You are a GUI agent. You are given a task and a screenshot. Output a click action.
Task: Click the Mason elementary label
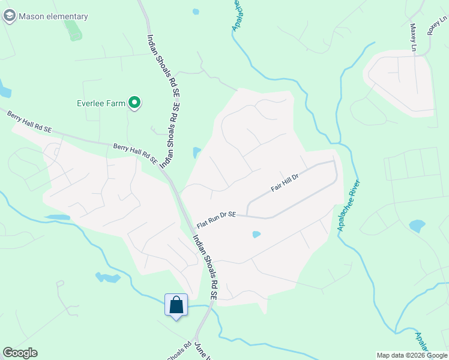point(53,17)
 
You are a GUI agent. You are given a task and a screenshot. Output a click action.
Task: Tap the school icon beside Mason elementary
point(9,17)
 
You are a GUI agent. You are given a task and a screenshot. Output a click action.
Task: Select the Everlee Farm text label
point(101,103)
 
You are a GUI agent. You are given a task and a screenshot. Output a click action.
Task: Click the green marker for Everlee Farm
point(135,103)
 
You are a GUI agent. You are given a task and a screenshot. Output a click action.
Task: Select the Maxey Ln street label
point(413,37)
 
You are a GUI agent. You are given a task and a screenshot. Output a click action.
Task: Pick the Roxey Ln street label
point(438,26)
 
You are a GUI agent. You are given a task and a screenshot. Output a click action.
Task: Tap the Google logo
point(20,353)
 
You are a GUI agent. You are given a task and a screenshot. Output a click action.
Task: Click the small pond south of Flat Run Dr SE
point(256,235)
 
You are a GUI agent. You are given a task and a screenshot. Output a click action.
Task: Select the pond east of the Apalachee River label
point(417,226)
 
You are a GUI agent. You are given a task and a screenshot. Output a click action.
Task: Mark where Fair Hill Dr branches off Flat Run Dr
point(247,216)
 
